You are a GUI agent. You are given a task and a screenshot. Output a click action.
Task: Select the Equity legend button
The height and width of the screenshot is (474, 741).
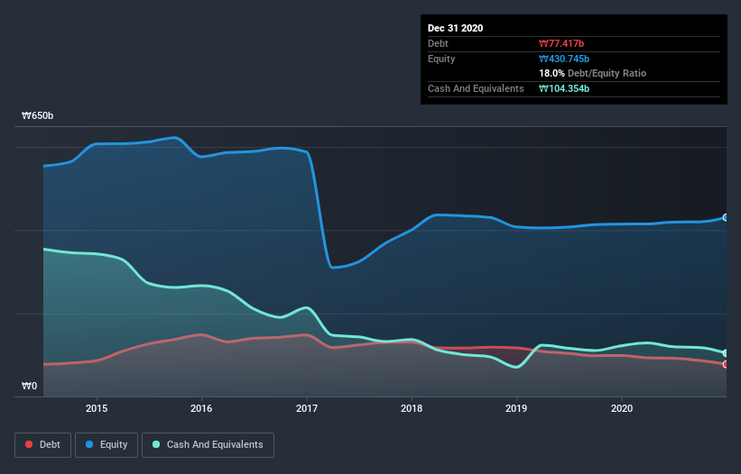coord(107,444)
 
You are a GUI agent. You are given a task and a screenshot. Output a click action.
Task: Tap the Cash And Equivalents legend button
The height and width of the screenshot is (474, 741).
coord(208,444)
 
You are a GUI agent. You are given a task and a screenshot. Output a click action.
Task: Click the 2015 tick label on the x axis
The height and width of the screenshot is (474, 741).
coord(97,408)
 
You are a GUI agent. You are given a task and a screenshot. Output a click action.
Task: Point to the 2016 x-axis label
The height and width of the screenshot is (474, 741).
coord(201,408)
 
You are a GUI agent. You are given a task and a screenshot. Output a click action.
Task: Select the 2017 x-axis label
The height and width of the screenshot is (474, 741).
coord(307,408)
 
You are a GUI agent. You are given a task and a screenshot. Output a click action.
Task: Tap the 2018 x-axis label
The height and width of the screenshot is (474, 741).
coord(412,408)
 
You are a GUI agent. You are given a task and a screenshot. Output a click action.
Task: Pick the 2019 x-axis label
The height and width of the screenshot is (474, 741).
coord(516,408)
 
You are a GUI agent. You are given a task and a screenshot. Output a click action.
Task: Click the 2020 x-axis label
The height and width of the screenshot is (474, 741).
coord(622,408)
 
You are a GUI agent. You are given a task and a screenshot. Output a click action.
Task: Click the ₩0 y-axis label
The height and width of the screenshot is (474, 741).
coord(29,387)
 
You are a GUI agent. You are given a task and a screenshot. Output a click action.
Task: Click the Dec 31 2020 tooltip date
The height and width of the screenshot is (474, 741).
coord(455,28)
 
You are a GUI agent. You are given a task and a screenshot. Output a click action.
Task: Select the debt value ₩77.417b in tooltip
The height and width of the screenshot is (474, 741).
coord(562,43)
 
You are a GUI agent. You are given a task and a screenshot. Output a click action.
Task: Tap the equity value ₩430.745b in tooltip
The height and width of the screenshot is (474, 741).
coord(565,59)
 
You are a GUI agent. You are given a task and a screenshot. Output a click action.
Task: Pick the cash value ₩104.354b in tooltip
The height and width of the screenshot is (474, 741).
coord(565,88)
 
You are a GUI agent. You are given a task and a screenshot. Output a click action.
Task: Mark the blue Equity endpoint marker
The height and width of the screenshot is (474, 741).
coord(726,217)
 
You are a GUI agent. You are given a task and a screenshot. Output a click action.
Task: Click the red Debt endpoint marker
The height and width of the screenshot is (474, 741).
coord(726,364)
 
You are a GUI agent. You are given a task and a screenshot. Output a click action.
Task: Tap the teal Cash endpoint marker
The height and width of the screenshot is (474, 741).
coord(726,352)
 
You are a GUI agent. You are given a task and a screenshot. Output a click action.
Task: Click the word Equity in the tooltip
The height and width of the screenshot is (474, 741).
coord(442,59)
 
